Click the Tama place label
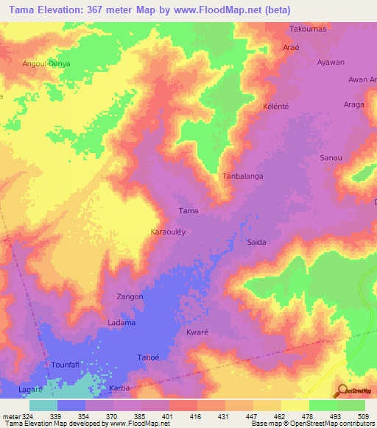tap(188, 211)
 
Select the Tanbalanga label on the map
tap(243, 176)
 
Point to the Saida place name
tap(256, 242)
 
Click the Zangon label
tap(130, 296)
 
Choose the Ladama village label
tap(121, 323)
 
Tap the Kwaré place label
tap(197, 332)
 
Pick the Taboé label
tap(148, 358)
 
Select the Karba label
tap(119, 387)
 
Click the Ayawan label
tap(330, 63)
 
